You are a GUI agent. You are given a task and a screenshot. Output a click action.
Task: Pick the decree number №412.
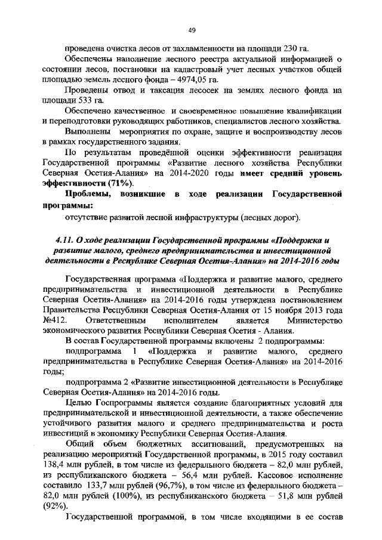pyautogui.click(x=54, y=321)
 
